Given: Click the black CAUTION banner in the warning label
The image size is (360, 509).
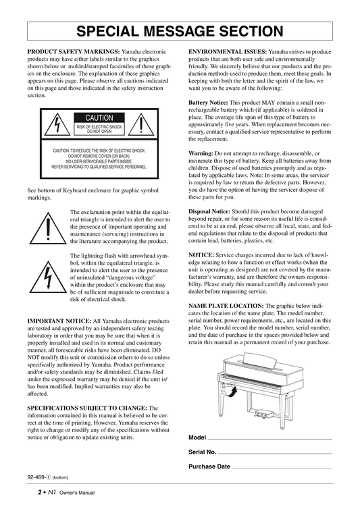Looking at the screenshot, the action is point(99,118).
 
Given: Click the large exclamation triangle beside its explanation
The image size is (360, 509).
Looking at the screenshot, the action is point(48,228).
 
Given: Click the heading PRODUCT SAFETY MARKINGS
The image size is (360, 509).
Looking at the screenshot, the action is point(74,51).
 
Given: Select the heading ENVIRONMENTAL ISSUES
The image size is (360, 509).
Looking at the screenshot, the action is point(228,51).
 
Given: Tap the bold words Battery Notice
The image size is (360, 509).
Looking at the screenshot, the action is point(208,103).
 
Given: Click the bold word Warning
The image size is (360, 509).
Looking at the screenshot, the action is point(201,153).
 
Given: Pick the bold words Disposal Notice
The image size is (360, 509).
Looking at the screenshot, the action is point(209,211).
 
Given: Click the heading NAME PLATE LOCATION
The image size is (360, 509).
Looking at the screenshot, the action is point(226,306).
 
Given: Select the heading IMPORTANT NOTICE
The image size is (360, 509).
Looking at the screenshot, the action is point(59,321).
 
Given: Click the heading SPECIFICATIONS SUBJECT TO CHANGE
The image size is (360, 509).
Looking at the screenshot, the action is point(87,408).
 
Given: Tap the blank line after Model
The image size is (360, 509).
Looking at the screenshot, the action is point(269,439).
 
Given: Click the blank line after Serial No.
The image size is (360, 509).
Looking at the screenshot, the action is point(275,454).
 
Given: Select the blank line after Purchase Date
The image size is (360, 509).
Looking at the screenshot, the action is point(282,468).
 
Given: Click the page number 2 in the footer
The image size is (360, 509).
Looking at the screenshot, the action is point(40,492).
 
